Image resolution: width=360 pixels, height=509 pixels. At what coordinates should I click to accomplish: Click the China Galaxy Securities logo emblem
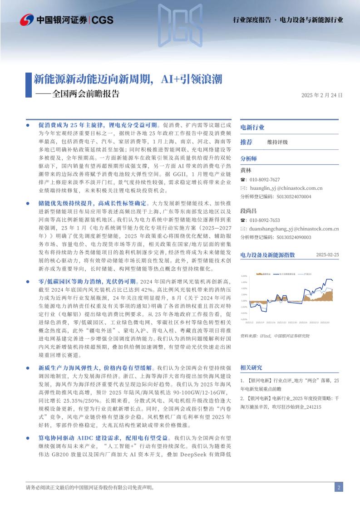pyautogui.click(x=27, y=20)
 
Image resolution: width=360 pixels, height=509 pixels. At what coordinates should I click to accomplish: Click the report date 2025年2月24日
pyautogui.click(x=321, y=95)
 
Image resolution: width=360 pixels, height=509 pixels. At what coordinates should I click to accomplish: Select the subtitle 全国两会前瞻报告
pyautogui.click(x=86, y=94)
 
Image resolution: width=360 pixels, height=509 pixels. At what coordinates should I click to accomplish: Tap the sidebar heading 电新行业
pyautogui.click(x=252, y=127)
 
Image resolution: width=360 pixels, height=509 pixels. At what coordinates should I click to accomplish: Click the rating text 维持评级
pyautogui.click(x=277, y=142)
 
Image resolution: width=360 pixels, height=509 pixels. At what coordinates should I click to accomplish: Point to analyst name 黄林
pyautogui.click(x=246, y=170)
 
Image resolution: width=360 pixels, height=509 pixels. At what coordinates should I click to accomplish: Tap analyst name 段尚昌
pyautogui.click(x=248, y=211)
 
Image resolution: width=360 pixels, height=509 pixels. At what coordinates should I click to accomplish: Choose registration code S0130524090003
pyautogui.click(x=294, y=237)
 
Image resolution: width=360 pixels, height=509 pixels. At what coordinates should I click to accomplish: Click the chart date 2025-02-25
pyautogui.click(x=327, y=255)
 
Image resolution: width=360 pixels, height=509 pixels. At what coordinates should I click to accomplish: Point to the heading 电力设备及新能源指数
pyautogui.click(x=267, y=255)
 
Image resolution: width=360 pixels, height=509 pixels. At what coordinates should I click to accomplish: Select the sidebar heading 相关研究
pyautogui.click(x=251, y=367)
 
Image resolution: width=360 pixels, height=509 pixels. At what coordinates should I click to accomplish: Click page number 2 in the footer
pyautogui.click(x=339, y=488)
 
